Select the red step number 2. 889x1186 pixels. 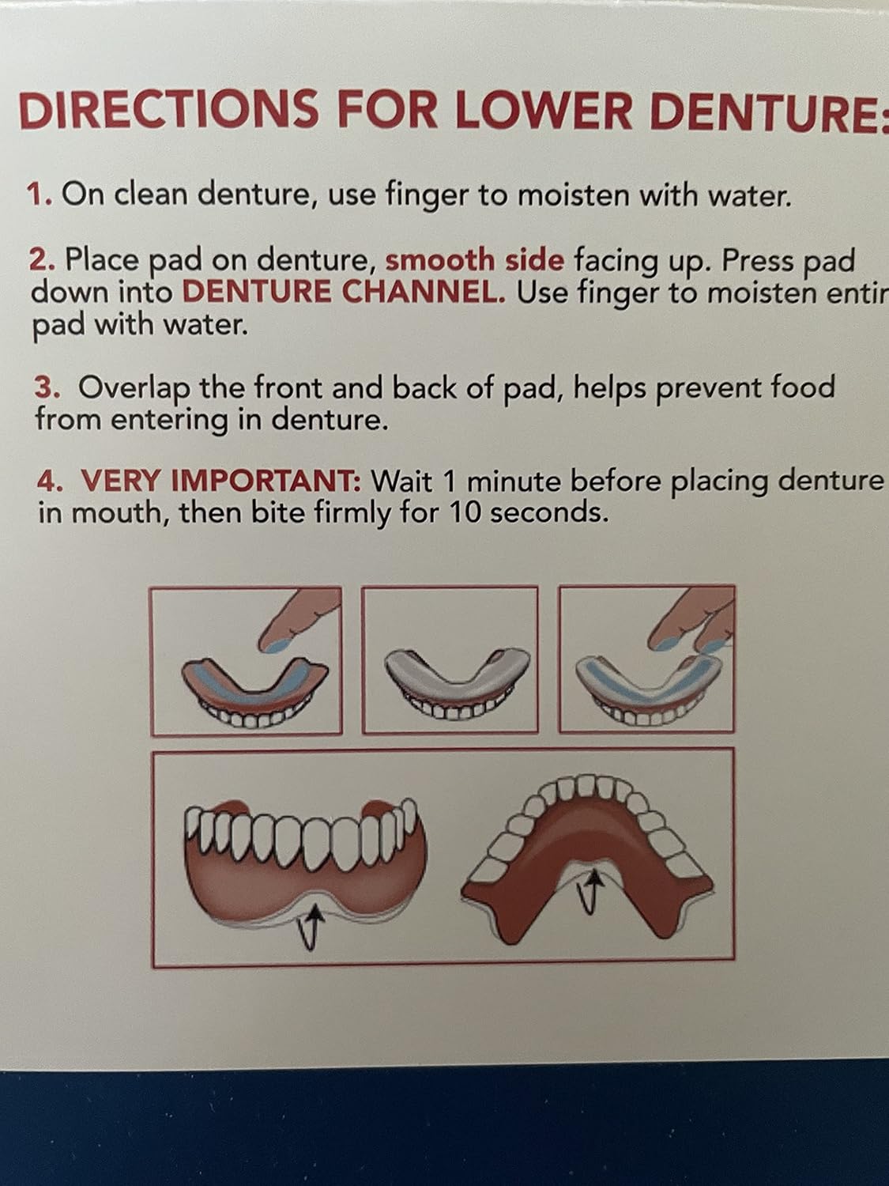tap(41, 259)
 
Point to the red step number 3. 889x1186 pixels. tap(46, 387)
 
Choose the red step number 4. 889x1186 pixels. tap(49, 480)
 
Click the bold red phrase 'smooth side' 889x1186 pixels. tap(474, 259)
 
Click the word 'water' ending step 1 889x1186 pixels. tap(750, 195)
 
